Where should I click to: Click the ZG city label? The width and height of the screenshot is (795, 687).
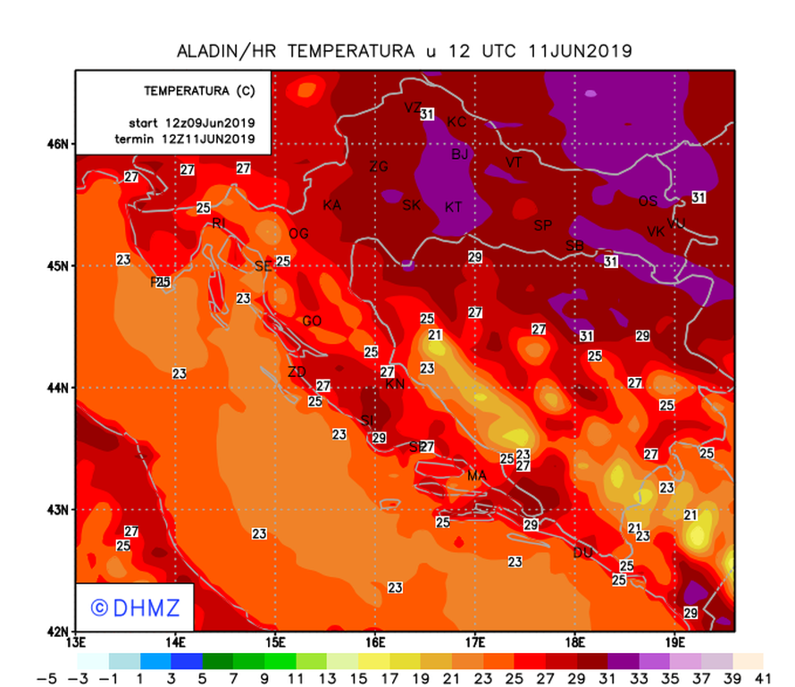click(379, 166)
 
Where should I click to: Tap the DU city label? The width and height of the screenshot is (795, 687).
click(582, 553)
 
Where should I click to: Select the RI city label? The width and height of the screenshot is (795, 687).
click(218, 223)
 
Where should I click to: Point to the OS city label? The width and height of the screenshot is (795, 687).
click(648, 201)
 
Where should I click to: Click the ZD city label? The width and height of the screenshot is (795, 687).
click(297, 373)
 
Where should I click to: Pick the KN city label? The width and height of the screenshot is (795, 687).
click(395, 384)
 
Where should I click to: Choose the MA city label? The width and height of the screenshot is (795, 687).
click(476, 476)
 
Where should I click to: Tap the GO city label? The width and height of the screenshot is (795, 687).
click(312, 322)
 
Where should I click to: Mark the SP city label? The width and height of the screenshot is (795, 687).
click(543, 225)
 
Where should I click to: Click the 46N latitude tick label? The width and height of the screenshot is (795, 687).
click(59, 145)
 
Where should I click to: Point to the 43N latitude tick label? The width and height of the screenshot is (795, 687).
click(59, 510)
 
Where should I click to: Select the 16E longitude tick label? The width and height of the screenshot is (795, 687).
click(375, 642)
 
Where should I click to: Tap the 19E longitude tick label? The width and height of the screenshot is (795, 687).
click(675, 642)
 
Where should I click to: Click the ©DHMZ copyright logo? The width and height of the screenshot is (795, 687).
click(136, 607)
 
